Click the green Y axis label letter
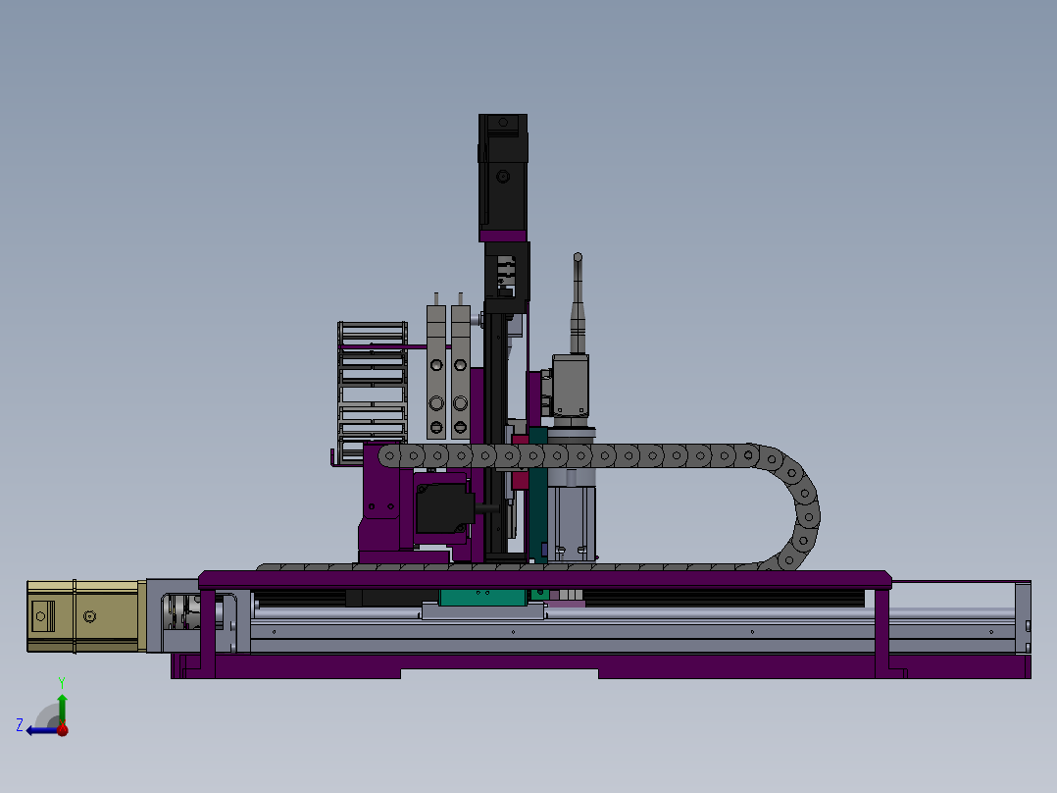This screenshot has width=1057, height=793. (x=62, y=682)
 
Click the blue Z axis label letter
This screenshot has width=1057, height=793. (x=20, y=725)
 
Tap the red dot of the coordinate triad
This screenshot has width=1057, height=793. (x=63, y=729)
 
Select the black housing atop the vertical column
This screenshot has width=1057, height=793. (x=503, y=172)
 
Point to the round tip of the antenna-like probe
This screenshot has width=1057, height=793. (x=578, y=257)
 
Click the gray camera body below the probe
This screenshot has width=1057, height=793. (x=571, y=386)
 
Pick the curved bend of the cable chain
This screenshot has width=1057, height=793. (x=795, y=506)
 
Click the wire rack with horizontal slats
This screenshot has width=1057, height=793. (x=373, y=393)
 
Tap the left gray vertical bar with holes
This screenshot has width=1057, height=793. (x=436, y=372)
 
